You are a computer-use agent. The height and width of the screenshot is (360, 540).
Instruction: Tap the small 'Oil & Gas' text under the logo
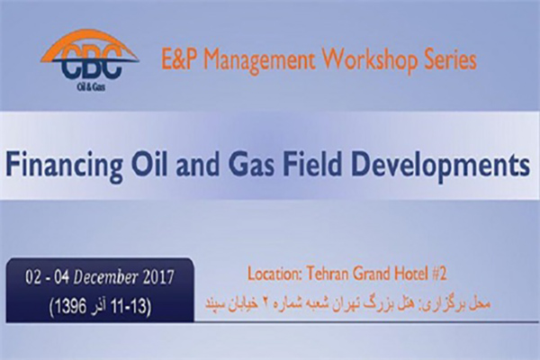[91, 87]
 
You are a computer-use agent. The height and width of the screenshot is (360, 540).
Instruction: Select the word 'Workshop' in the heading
[375, 61]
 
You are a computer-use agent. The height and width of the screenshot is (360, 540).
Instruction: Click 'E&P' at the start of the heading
[179, 60]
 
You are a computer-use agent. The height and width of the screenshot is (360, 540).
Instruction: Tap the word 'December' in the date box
[105, 278]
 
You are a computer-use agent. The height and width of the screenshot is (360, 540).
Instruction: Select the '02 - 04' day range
[47, 278]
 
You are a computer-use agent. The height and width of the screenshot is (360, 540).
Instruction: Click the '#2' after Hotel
[439, 274]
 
